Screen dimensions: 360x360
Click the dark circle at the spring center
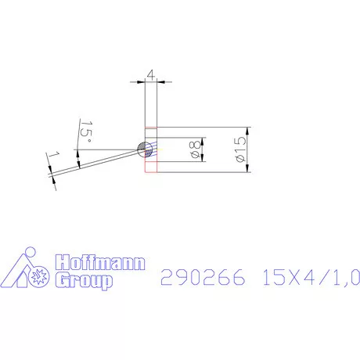click(142, 149)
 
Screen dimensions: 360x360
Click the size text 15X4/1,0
click(311, 277)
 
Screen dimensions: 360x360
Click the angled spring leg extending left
click(94, 163)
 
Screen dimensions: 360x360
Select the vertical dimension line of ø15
click(247, 149)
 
